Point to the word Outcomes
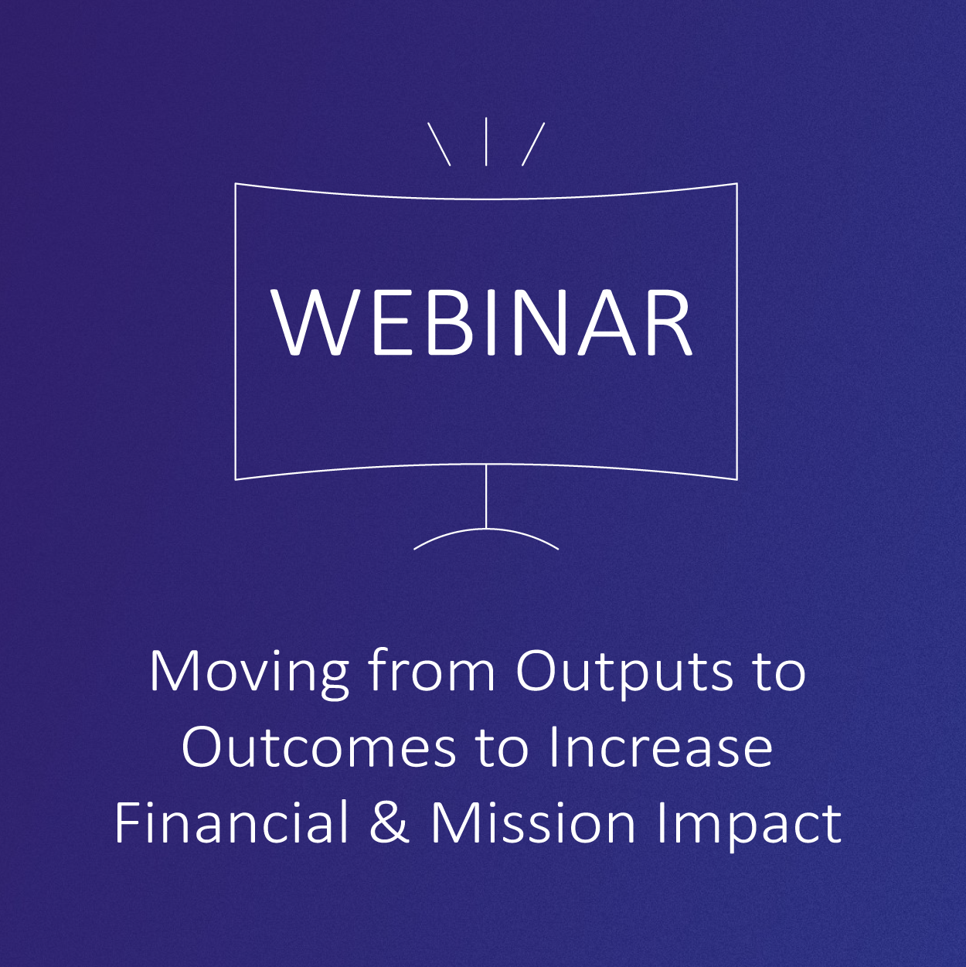319,747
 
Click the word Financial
232,822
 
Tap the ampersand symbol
389,822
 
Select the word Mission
533,822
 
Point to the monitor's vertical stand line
486,496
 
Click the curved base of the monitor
486,529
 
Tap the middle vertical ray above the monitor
486,141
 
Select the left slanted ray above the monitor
439,145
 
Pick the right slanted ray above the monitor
533,145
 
